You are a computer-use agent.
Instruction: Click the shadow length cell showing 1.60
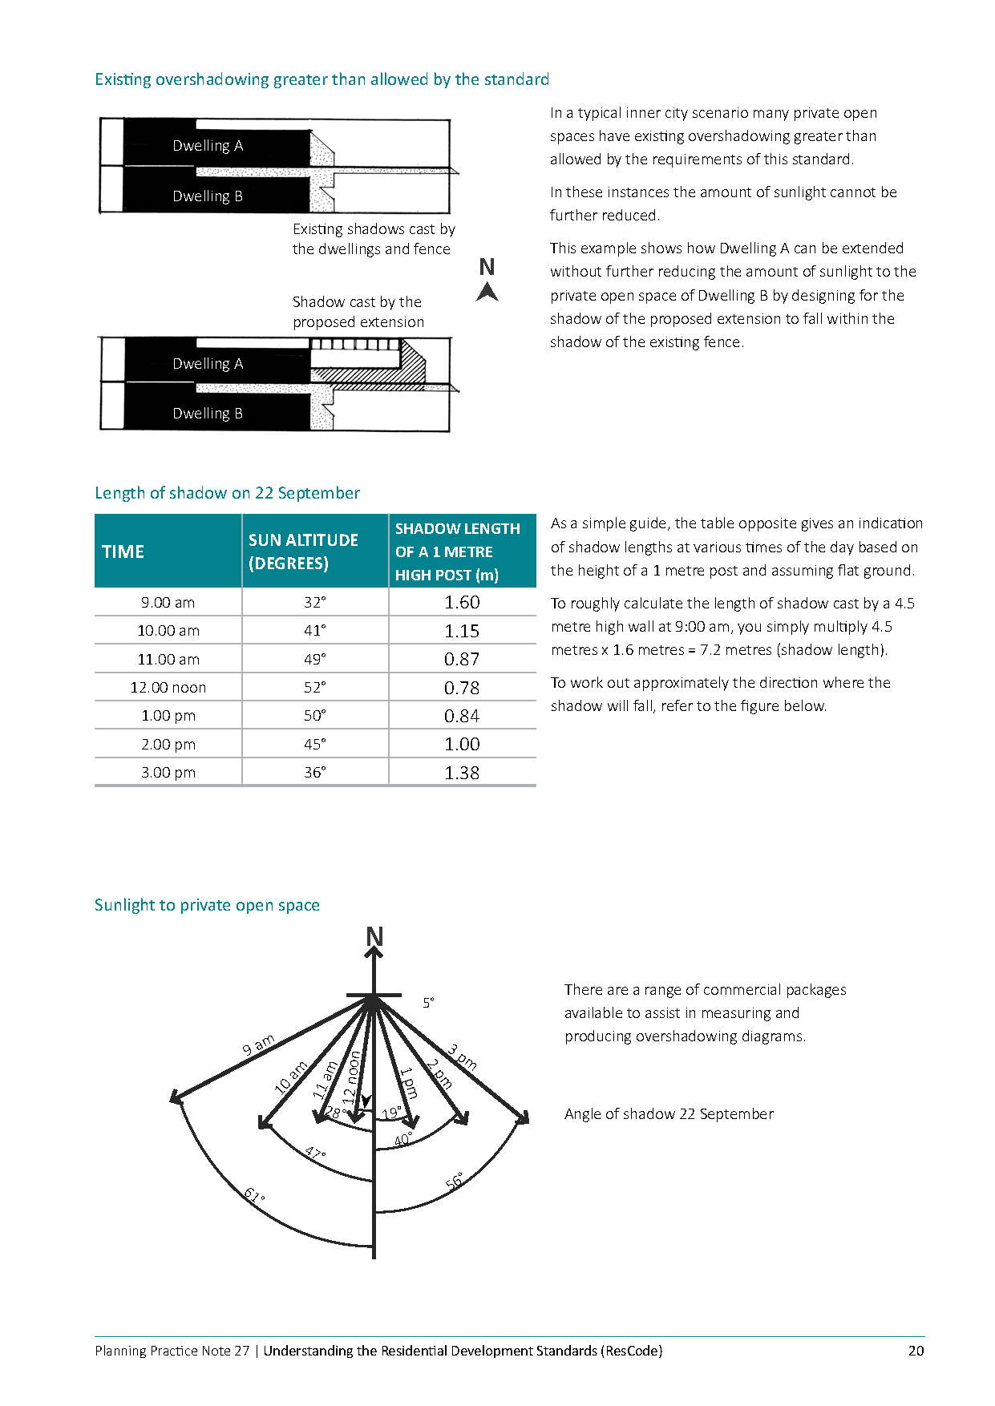(x=462, y=602)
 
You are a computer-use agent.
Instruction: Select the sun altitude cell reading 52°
(x=315, y=687)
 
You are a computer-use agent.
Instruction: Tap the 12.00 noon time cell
(x=168, y=687)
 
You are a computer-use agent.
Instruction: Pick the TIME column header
(x=123, y=551)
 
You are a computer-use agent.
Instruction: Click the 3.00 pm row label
(x=168, y=772)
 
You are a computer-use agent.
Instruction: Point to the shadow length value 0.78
(x=462, y=688)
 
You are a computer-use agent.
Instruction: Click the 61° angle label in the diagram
(x=255, y=1196)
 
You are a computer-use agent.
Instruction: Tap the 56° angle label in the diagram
(x=455, y=1180)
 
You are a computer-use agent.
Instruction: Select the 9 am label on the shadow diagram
(x=259, y=1044)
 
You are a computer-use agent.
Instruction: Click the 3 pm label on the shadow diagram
(x=463, y=1057)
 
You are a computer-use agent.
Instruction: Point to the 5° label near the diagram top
(x=429, y=1003)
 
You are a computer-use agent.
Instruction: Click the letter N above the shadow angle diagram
(x=374, y=936)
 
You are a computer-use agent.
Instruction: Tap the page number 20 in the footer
(x=916, y=1351)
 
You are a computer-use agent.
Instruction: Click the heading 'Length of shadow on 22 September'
(x=228, y=493)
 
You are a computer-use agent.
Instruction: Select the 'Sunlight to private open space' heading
(x=207, y=905)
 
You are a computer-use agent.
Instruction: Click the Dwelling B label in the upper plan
(x=208, y=196)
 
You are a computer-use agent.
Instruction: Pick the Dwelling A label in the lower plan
(x=208, y=364)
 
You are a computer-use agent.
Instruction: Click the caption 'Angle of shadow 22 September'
(x=669, y=1114)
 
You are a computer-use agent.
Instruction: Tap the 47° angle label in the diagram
(x=315, y=1154)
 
